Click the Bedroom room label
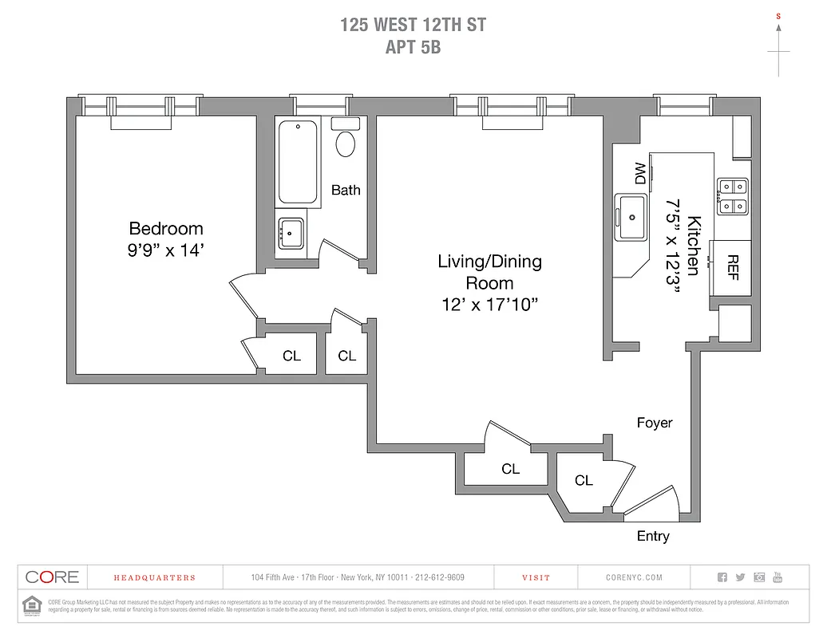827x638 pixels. tap(166, 229)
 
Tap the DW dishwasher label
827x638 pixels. tap(640, 173)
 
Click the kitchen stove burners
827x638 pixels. tap(732, 196)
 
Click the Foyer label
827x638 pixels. tap(654, 423)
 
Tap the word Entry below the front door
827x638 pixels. tap(653, 536)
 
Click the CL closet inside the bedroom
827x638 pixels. tap(291, 356)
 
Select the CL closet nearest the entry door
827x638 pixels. tap(584, 480)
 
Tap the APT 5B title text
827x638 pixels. tap(413, 46)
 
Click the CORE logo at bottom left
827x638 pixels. tap(52, 577)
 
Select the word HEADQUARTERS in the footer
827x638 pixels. tap(154, 577)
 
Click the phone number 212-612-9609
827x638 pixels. tap(436, 577)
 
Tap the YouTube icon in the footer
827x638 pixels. tap(778, 577)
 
